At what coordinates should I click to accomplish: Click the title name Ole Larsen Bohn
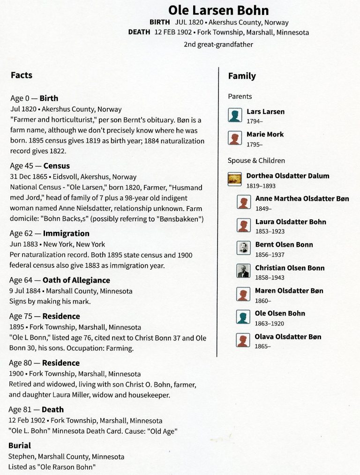[218, 10]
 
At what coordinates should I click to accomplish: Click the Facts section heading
[22, 75]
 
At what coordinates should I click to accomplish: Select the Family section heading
[242, 76]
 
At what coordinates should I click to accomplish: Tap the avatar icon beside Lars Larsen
[235, 115]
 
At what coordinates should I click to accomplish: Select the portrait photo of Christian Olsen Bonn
[243, 271]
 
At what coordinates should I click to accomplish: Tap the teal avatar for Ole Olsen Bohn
[243, 317]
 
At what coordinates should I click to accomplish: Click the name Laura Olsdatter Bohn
[291, 222]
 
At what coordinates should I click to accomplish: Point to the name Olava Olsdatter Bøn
[288, 337]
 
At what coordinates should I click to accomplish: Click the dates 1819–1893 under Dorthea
[261, 186]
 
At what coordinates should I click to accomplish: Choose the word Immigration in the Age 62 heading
[66, 233]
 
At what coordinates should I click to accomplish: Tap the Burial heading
[20, 445]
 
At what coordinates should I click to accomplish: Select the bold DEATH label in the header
[139, 32]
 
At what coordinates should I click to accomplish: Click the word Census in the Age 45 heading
[56, 166]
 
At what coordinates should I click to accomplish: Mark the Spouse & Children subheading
[256, 160]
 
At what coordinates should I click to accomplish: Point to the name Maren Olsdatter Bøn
[289, 291]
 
